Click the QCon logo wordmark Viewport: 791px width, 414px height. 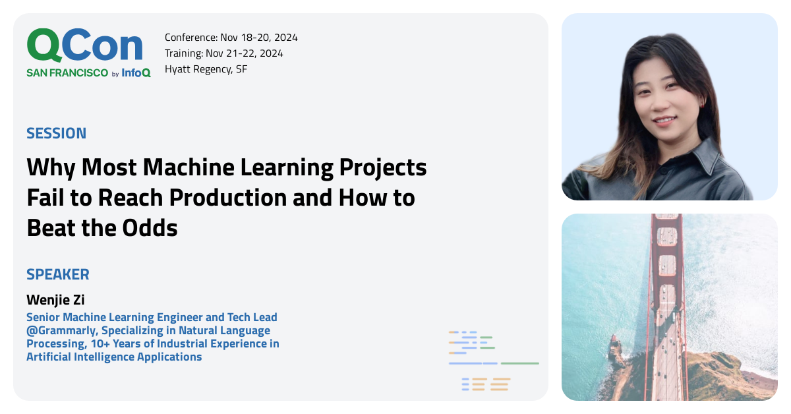pos(84,46)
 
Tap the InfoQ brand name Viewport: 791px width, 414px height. pos(136,73)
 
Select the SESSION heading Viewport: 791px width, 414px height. pos(56,133)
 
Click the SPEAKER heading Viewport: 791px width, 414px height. pos(58,274)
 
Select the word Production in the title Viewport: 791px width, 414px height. pos(234,197)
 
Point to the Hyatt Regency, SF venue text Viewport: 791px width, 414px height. pos(206,69)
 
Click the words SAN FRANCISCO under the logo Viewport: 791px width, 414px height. pos(67,73)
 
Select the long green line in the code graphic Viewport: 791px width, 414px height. pos(519,363)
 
